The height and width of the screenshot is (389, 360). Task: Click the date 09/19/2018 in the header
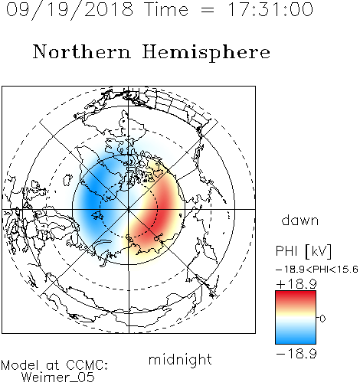click(70, 10)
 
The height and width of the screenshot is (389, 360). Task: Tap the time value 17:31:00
click(270, 10)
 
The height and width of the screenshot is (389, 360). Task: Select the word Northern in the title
click(81, 52)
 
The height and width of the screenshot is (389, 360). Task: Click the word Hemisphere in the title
click(206, 53)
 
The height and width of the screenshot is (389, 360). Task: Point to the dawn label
click(300, 220)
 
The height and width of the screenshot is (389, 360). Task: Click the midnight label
click(180, 359)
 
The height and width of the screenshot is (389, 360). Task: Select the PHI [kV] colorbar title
click(303, 251)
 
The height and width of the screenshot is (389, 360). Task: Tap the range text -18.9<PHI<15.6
click(317, 270)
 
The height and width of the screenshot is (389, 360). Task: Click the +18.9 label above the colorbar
click(296, 284)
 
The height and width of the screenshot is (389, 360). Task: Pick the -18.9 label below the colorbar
click(296, 354)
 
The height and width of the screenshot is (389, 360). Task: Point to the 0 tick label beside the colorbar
click(322, 319)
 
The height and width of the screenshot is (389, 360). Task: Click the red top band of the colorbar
click(296, 297)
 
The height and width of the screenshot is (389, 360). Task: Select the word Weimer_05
click(58, 378)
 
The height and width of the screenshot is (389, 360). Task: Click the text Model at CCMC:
click(54, 365)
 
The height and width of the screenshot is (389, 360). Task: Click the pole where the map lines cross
click(129, 209)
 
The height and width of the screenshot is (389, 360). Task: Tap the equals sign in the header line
click(208, 11)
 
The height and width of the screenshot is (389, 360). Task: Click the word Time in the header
click(166, 10)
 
